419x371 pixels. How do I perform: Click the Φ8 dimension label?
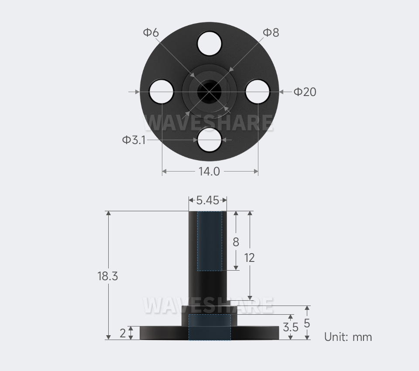pos(271,32)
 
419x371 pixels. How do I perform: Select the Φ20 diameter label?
pos(305,92)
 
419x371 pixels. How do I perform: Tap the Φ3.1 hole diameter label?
pos(134,140)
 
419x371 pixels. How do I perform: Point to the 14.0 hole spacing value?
pos(209,172)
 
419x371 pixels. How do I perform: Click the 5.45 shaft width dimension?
pos(207,200)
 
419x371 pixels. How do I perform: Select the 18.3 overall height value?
pos(108,276)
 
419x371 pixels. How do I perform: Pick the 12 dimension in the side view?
pos(249,258)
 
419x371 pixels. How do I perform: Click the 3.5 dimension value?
pos(291,327)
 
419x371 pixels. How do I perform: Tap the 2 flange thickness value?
pos(123,333)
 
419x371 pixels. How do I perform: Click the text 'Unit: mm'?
pos(348,337)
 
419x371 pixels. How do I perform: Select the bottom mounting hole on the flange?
pos(209,140)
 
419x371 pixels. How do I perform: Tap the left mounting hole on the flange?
pos(161,92)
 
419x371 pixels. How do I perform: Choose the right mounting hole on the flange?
pos(258,92)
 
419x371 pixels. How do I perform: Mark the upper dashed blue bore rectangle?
pos(210,241)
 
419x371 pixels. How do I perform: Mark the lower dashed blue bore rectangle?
pos(210,327)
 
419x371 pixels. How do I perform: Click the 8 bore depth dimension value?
pos(236,242)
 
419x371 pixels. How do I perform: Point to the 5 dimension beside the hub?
pos(307,323)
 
